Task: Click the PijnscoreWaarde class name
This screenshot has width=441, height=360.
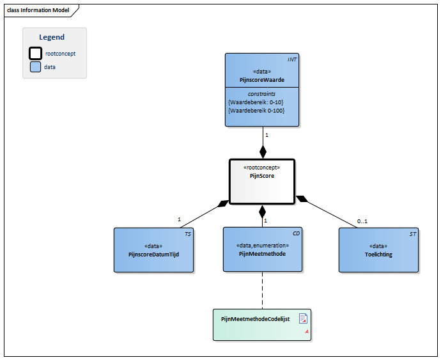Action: point(262,79)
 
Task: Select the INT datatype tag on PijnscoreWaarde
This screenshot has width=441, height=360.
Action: point(291,59)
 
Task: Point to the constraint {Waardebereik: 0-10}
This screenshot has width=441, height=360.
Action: point(256,102)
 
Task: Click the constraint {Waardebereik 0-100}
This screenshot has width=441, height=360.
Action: point(256,111)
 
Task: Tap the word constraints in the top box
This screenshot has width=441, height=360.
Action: point(262,94)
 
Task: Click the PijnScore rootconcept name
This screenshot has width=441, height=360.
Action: point(262,176)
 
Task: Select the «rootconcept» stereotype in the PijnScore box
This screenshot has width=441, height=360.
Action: point(262,168)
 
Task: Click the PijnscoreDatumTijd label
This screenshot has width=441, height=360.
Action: point(154,254)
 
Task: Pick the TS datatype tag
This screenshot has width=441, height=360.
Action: point(187,234)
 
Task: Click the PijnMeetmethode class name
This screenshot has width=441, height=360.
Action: point(262,254)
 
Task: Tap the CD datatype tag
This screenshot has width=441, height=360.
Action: point(297,234)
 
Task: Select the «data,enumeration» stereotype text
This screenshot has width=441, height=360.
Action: point(262,246)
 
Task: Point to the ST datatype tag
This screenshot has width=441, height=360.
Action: point(412,234)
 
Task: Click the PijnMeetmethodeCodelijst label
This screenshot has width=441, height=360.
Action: point(255,318)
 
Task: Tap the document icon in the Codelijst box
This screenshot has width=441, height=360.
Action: point(304,318)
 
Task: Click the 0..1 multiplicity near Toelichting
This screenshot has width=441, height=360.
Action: point(362,221)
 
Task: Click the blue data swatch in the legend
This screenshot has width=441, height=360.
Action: point(36,67)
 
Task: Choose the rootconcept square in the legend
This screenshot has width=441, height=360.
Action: point(36,53)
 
